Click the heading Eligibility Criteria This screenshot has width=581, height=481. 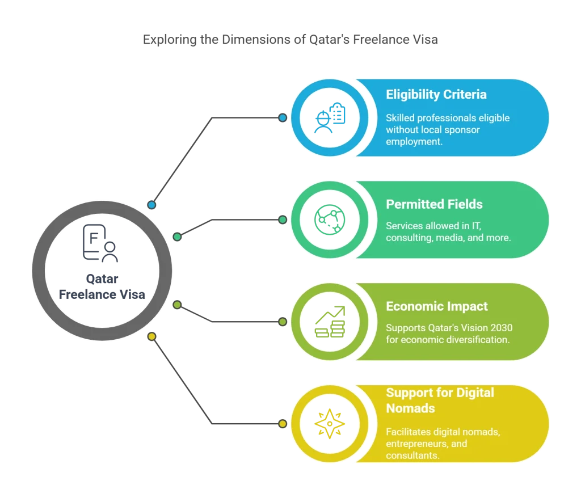[436, 94]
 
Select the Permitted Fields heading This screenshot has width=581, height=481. [434, 204]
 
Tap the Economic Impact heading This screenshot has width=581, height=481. [436, 306]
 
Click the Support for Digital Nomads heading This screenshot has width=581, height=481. [440, 400]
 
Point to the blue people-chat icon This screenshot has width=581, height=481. [330, 117]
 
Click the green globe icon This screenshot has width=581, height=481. [330, 219]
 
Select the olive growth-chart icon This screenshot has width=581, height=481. [330, 322]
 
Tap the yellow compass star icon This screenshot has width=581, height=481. [330, 423]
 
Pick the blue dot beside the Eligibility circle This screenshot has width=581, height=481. [283, 117]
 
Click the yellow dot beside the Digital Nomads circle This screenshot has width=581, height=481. [283, 423]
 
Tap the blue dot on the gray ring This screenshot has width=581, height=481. [151, 204]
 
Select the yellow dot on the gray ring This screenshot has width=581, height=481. [151, 337]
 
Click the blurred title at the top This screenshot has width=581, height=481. [290, 40]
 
